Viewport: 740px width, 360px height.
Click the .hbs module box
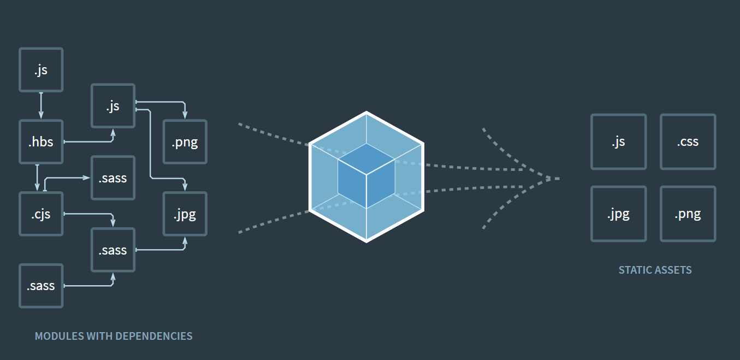(x=41, y=141)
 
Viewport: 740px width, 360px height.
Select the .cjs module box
(x=41, y=214)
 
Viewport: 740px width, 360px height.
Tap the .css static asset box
(x=688, y=141)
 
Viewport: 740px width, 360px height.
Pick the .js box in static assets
(x=618, y=141)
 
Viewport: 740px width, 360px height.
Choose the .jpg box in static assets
(x=618, y=214)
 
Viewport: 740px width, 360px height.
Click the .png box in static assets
(x=688, y=214)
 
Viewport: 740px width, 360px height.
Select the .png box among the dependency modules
(x=185, y=142)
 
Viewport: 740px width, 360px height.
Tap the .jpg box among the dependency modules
(x=185, y=214)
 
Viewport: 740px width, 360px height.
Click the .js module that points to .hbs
(x=41, y=69)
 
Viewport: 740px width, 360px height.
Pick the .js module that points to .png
(x=113, y=105)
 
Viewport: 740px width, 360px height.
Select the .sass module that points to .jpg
(x=113, y=250)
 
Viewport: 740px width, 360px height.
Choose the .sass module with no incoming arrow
(x=41, y=285)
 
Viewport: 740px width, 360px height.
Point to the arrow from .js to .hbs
(x=41, y=105)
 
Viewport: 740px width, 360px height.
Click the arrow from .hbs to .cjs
(x=37, y=178)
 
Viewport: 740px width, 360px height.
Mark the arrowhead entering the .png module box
(x=185, y=116)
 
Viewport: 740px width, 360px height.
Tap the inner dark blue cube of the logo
(x=366, y=175)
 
